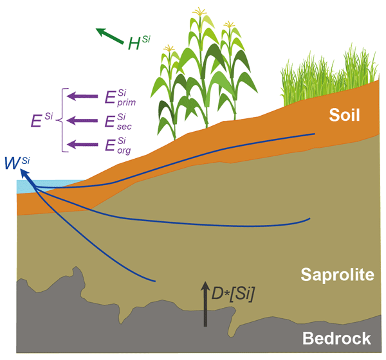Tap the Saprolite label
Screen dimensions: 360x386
(x=337, y=276)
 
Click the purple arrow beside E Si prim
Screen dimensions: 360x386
(x=82, y=96)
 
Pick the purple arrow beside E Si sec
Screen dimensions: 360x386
(x=82, y=120)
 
